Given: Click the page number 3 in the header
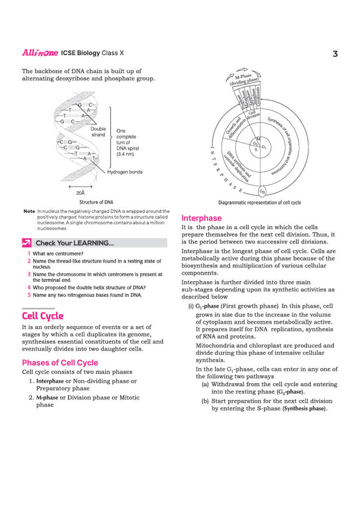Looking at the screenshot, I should [336, 54].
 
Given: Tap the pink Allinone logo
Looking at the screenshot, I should [40, 53].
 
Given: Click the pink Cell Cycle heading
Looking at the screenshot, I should [43, 316].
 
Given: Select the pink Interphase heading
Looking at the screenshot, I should [201, 218].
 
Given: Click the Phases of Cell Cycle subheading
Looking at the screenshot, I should [60, 362].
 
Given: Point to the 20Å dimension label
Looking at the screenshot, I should [80, 193].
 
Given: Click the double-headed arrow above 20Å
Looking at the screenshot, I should [80, 185].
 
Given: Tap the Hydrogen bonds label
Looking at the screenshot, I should [125, 172].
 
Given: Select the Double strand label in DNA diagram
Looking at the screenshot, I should [98, 132].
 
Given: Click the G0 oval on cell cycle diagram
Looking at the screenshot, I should [262, 191].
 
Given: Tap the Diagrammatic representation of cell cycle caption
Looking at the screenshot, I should [259, 203].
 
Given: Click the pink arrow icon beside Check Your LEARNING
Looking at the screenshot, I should [26, 243].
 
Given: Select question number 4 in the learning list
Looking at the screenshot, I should [29, 287].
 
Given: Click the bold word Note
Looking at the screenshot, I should [29, 212].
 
